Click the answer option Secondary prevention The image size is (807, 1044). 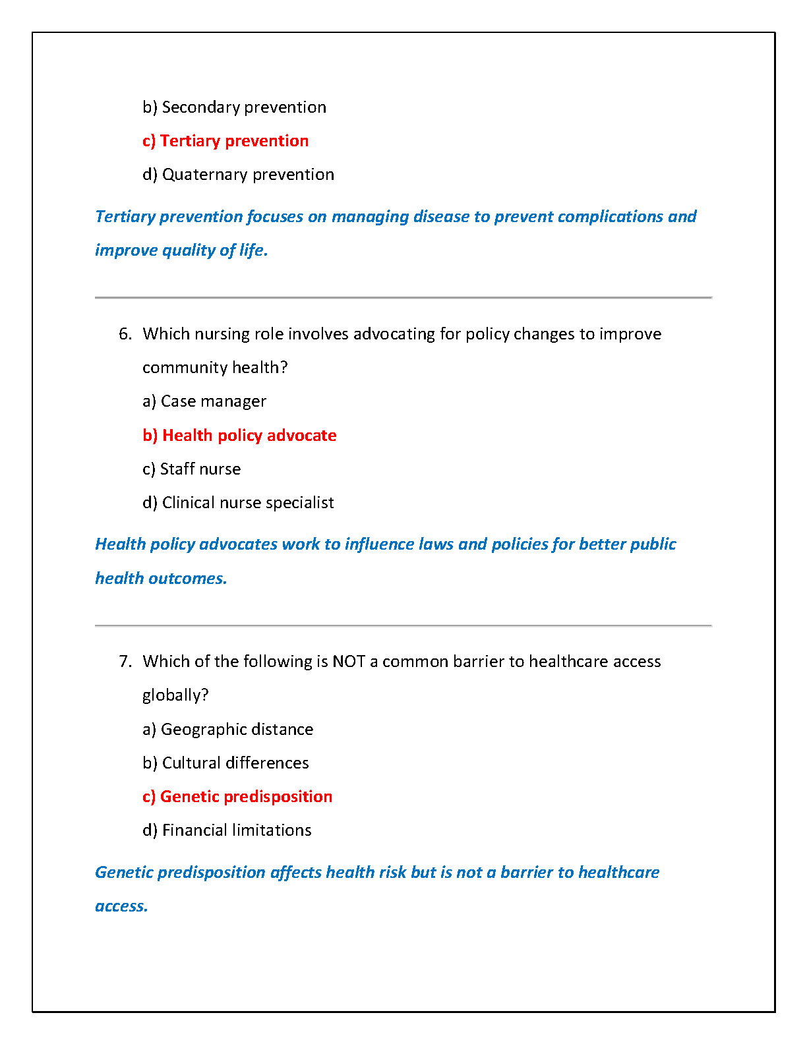(234, 107)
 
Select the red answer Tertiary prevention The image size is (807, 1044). (225, 141)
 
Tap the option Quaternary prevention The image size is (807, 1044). (238, 175)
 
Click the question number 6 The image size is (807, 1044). (125, 334)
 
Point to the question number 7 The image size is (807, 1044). (125, 662)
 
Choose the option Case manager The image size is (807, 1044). (204, 401)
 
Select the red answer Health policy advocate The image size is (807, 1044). (239, 436)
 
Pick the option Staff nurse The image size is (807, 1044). (191, 469)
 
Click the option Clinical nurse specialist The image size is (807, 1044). (238, 503)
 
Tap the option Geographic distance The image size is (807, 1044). (227, 730)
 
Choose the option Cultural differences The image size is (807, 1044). (225, 763)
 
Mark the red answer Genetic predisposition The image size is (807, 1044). (237, 797)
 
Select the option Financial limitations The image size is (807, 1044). (227, 830)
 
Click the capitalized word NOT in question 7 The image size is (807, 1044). (349, 662)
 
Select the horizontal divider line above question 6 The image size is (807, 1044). (403, 298)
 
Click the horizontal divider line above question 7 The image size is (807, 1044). (403, 625)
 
